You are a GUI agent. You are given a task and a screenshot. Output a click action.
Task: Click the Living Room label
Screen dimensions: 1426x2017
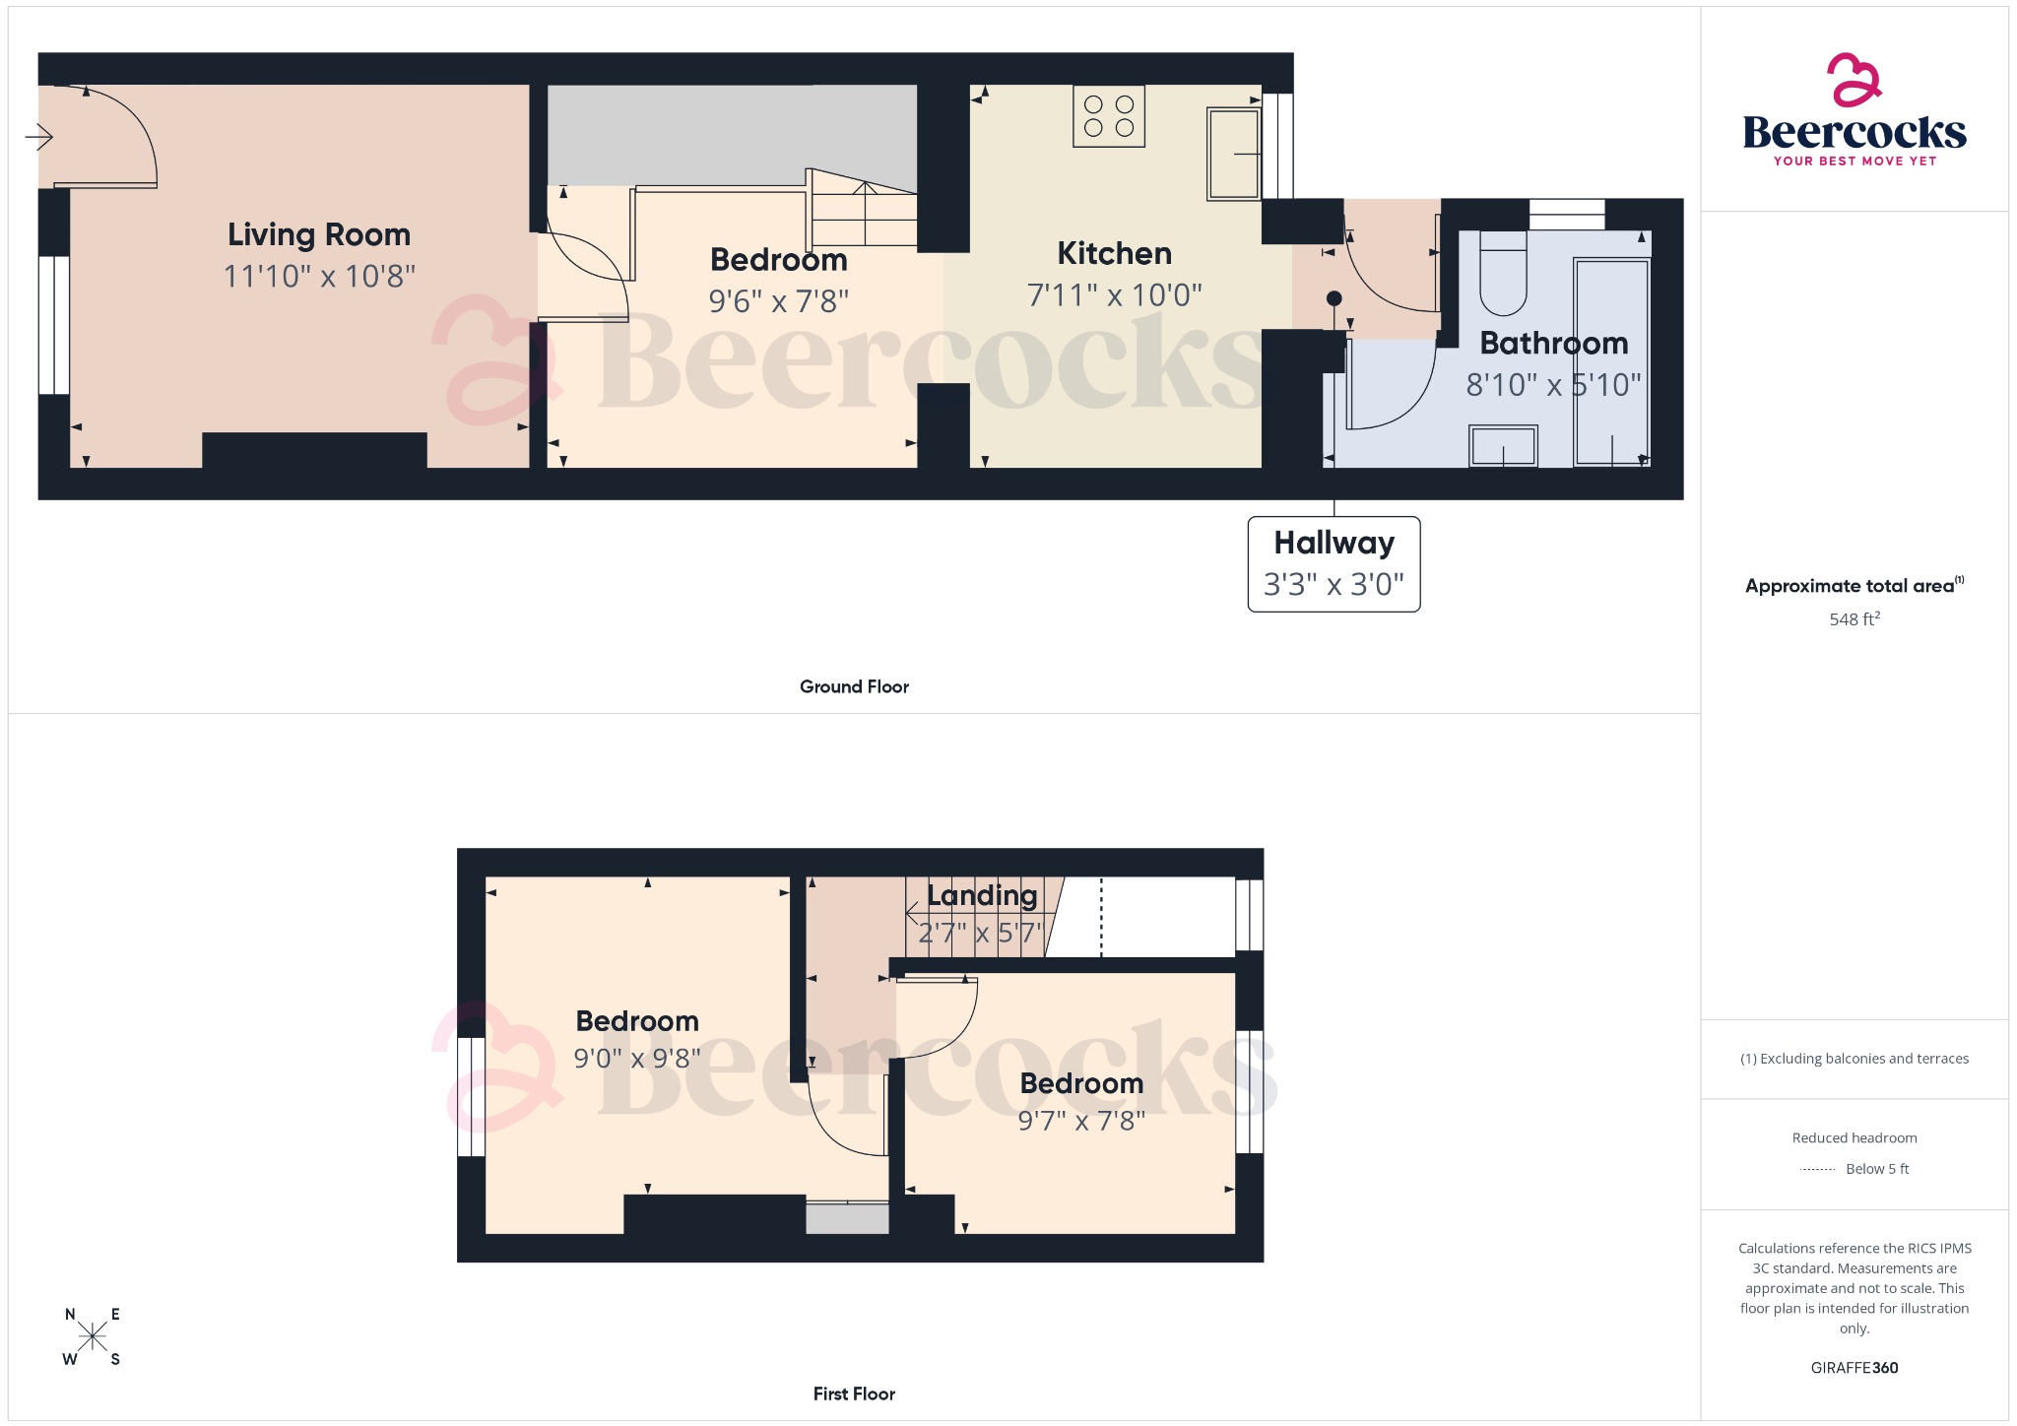coord(318,234)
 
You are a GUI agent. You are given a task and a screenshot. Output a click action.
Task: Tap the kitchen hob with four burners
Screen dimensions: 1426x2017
coord(1109,116)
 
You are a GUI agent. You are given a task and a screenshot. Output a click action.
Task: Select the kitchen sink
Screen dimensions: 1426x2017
coord(1233,155)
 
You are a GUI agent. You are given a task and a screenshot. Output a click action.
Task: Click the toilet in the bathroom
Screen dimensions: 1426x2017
coord(1502,272)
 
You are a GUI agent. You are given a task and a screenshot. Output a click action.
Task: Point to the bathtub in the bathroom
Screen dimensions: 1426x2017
coord(1611,361)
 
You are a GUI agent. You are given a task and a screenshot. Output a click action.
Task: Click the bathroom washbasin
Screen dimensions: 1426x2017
coord(1503,446)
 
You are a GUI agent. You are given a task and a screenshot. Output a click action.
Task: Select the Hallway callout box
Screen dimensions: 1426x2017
coord(1334,563)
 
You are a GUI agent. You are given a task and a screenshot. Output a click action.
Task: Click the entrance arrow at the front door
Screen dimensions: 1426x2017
coord(38,136)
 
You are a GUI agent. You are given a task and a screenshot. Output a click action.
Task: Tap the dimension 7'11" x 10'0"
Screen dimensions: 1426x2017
coord(1114,294)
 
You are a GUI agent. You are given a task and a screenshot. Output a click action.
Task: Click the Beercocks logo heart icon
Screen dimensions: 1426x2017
coord(1854,80)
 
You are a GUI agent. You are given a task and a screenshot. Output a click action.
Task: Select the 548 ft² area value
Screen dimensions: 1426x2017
coord(1854,619)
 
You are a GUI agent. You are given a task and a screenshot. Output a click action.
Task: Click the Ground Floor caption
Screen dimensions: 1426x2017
coord(854,686)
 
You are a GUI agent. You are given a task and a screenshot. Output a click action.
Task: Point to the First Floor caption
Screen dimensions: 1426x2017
coord(854,1394)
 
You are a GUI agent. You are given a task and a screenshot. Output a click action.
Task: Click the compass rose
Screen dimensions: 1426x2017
coord(92,1336)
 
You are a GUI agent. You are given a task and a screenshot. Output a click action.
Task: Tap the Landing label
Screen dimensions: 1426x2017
coord(982,895)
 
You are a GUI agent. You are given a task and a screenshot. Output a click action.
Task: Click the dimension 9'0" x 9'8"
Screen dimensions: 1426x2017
coord(637,1059)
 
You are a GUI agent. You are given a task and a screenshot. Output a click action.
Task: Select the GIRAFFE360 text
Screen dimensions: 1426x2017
coord(1854,1368)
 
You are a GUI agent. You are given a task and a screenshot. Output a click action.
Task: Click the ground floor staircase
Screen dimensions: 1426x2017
coord(864,212)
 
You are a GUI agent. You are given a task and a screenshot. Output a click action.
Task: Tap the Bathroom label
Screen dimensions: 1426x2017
coord(1553,343)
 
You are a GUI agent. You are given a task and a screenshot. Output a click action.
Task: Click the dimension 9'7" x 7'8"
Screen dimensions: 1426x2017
coord(1080,1121)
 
